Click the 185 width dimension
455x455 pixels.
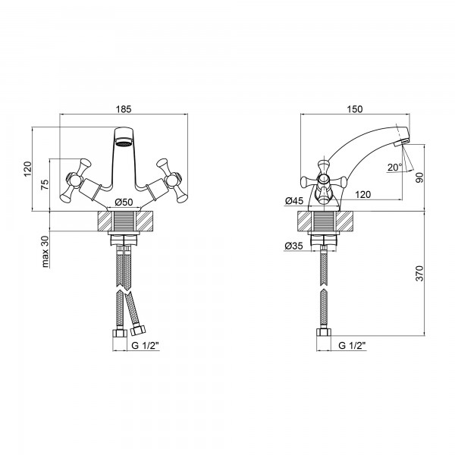[124, 109]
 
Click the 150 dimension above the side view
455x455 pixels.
[355, 109]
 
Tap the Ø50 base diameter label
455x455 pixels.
[124, 202]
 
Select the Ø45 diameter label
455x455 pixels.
[294, 200]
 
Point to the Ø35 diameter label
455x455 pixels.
[293, 246]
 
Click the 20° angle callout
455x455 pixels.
[395, 167]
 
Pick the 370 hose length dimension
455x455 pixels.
[419, 273]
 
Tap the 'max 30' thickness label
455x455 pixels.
[45, 251]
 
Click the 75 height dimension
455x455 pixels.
[45, 185]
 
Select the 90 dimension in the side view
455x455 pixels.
[419, 177]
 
